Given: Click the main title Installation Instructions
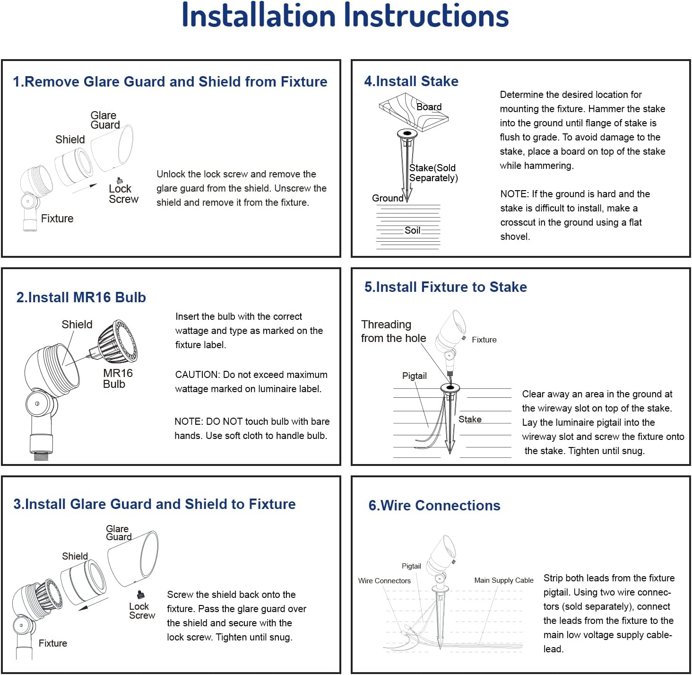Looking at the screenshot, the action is [345, 15].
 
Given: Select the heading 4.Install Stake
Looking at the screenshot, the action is [411, 81].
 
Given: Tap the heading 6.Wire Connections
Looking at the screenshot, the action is [434, 505].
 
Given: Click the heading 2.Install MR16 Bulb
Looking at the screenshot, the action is [81, 298].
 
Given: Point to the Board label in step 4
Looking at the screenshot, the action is [429, 107].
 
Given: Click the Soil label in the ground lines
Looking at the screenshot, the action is [413, 230].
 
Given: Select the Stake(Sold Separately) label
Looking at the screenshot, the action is [433, 173].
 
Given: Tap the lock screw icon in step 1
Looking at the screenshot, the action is [120, 180].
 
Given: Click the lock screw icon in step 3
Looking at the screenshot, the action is [140, 594].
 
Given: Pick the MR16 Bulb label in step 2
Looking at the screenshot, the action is [118, 378].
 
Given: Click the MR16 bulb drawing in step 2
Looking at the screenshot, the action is [116, 341].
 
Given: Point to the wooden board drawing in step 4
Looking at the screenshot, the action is [414, 113].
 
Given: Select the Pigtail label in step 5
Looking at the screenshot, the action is [414, 376].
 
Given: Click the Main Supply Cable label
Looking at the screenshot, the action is [504, 580].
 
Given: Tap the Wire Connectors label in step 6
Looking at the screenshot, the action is [384, 581].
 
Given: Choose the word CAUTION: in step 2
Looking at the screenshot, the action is [198, 375].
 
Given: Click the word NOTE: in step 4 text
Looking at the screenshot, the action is [515, 194].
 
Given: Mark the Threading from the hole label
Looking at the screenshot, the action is [393, 331].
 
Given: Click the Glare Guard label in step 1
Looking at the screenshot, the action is [105, 120].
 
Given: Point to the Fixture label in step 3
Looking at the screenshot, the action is [52, 643].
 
